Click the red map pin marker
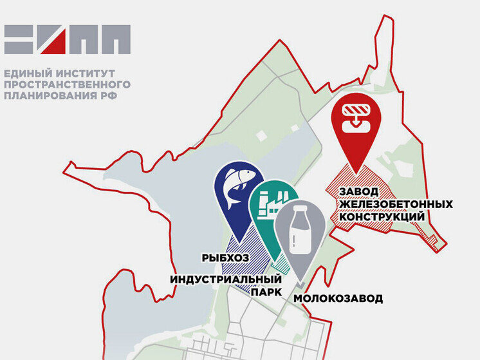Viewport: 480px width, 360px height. [356, 122]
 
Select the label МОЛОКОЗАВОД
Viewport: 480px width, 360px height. [338, 298]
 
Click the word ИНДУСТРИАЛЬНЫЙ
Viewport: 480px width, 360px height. [226, 279]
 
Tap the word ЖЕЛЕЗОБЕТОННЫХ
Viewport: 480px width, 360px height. [394, 204]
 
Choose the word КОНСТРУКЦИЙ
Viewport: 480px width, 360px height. [381, 217]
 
